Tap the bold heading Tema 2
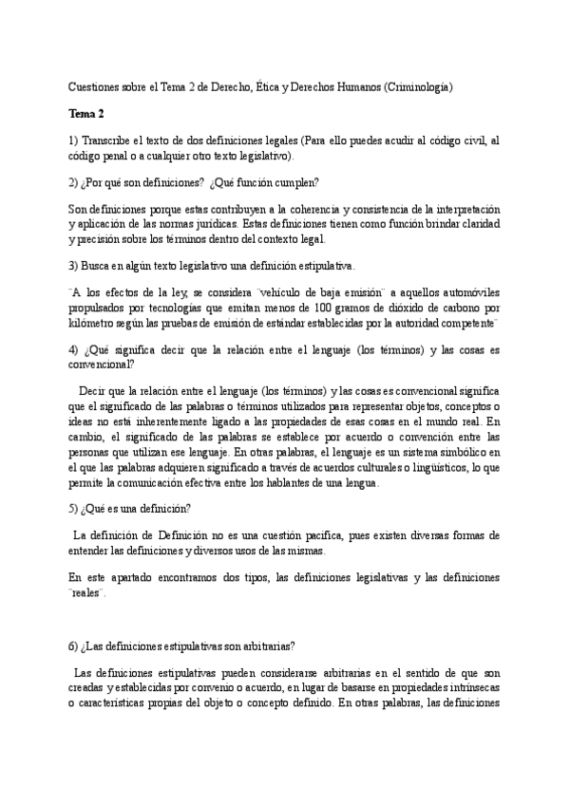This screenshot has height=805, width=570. coord(86,114)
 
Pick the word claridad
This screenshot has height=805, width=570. coord(475,224)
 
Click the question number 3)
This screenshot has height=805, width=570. coord(75,265)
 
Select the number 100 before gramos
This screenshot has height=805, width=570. coord(319,309)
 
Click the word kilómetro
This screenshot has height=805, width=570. coord(95,324)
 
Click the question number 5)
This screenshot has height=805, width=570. coord(75,508)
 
